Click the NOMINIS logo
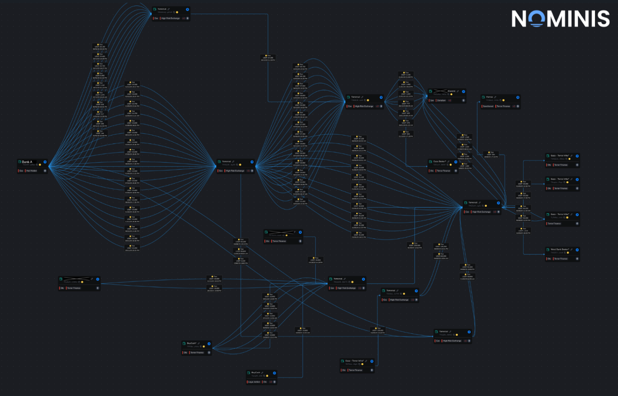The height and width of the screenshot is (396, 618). (560, 19)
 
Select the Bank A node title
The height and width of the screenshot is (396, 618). (27, 162)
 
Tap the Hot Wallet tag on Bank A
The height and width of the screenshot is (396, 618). (31, 171)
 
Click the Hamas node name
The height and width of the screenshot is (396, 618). (489, 97)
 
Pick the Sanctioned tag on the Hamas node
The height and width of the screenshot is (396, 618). (488, 106)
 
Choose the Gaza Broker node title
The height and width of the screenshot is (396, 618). (440, 161)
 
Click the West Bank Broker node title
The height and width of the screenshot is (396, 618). (560, 249)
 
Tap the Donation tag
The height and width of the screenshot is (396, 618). (441, 100)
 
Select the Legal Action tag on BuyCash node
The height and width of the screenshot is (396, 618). (254, 382)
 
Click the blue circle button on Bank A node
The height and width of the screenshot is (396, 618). (45, 162)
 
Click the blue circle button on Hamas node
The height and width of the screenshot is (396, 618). (518, 97)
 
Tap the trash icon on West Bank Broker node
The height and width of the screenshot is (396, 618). (577, 259)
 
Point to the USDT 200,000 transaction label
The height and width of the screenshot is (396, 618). (414, 245)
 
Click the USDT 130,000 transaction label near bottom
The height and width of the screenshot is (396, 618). (377, 330)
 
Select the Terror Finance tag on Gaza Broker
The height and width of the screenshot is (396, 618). (443, 171)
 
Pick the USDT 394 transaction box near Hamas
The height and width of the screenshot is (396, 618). (491, 155)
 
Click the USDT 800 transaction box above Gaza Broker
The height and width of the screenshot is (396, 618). (406, 134)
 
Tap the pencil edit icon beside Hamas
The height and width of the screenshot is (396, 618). (495, 97)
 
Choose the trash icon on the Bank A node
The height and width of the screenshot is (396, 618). (45, 171)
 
